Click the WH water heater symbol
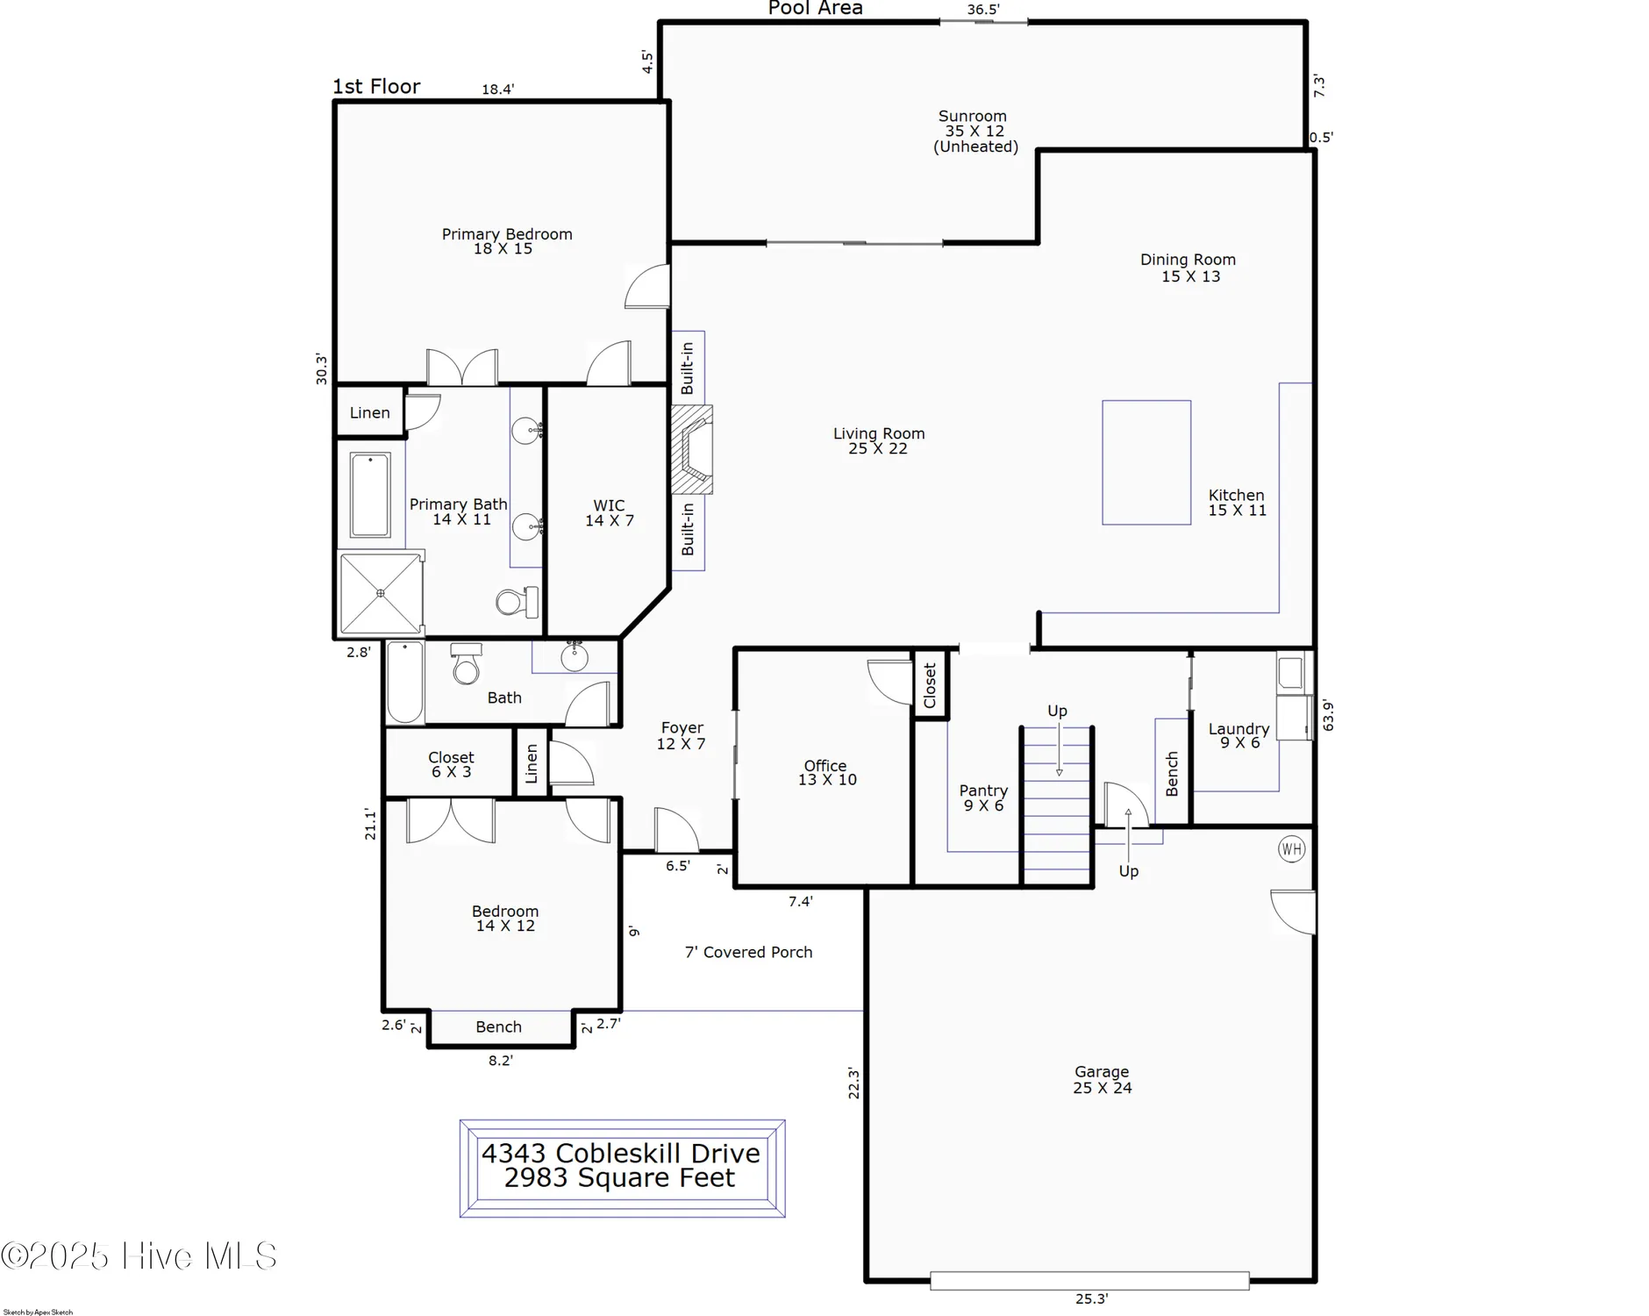tap(1291, 848)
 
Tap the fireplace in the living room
tap(691, 449)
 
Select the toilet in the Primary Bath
tap(517, 602)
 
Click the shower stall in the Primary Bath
tap(381, 593)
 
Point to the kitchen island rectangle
tap(1146, 462)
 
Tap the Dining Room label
tap(1189, 268)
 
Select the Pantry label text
tap(983, 797)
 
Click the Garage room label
tap(1103, 1079)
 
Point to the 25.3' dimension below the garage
tap(1092, 1299)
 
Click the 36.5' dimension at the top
tap(983, 10)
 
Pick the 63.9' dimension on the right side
tap(1328, 715)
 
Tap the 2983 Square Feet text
tap(619, 1177)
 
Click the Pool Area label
tap(816, 9)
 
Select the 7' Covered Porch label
tap(748, 952)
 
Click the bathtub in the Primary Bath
tap(370, 495)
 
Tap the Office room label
tap(826, 772)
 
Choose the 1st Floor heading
tap(376, 86)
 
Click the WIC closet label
tap(610, 512)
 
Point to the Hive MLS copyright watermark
tap(139, 1255)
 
